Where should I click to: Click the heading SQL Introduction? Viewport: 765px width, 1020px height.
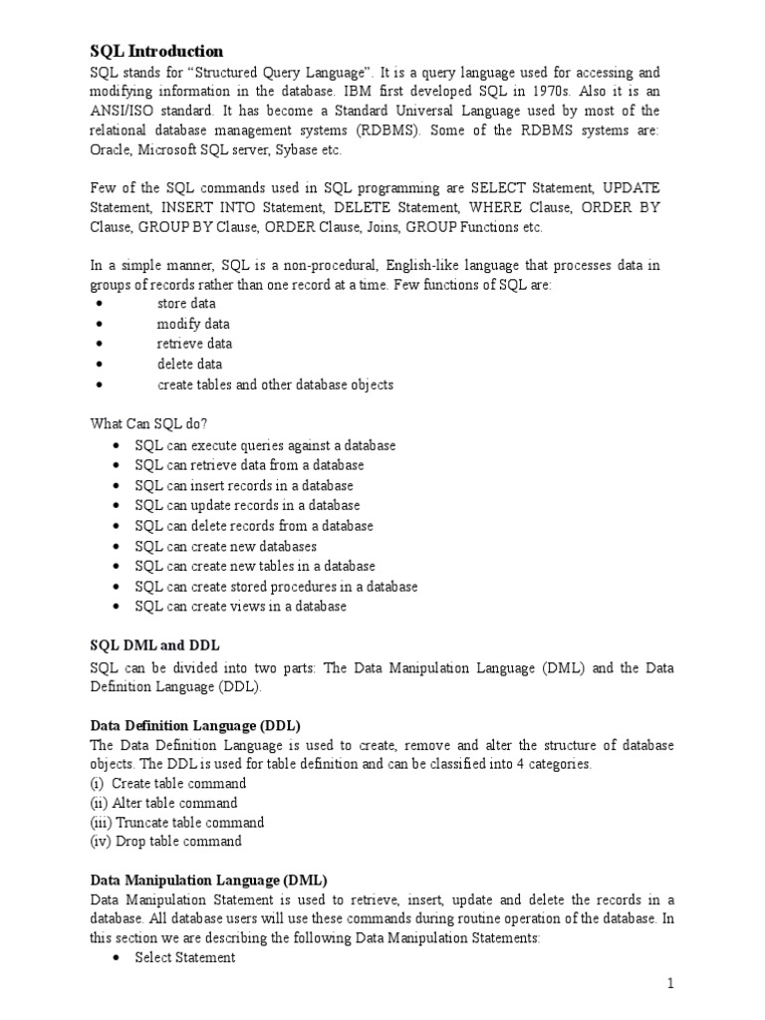coord(156,51)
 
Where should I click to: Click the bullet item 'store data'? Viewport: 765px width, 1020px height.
coord(185,304)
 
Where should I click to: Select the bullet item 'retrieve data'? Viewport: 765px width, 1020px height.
coord(194,344)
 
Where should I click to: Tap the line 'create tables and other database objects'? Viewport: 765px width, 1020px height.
coord(275,383)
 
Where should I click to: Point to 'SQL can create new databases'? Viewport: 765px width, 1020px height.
coord(226,546)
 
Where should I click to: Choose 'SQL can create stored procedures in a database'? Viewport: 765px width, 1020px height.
coord(277,586)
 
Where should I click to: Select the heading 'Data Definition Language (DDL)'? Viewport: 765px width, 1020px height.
coord(195,725)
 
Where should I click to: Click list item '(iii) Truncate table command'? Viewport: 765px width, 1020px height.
coord(177,822)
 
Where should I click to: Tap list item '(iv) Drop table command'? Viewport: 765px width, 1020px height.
coord(166,841)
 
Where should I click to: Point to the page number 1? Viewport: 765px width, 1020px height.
coord(670,984)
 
